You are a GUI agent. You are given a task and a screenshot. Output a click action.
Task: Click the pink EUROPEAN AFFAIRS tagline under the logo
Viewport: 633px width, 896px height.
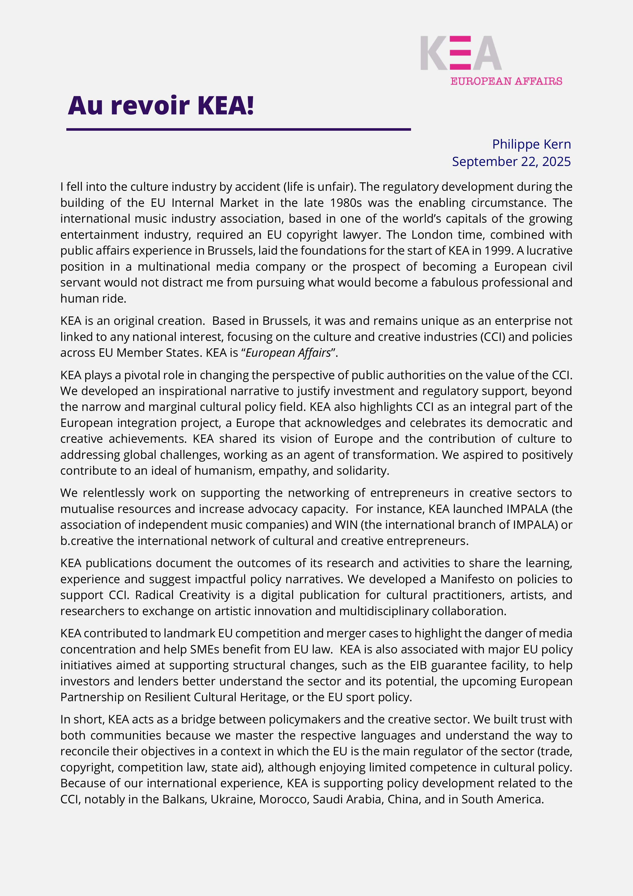click(506, 81)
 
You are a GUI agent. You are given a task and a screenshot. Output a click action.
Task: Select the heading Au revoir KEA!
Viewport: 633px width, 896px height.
click(161, 105)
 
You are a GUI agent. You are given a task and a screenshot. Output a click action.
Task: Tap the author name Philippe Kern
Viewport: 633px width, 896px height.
click(531, 144)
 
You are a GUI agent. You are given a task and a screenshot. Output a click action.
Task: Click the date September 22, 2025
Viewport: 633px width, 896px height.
click(511, 162)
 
